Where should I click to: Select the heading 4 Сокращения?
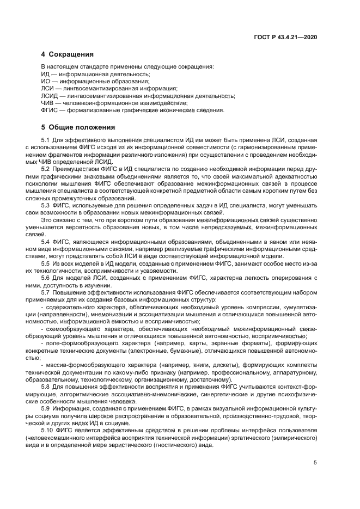pyautogui.click(x=68, y=54)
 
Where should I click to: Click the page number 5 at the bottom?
pyautogui.click(x=315, y=463)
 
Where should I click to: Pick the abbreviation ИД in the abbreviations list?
pyautogui.click(x=46, y=75)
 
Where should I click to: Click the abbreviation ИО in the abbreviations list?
pyautogui.click(x=46, y=82)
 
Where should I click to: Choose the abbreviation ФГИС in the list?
pyautogui.click(x=50, y=110)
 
